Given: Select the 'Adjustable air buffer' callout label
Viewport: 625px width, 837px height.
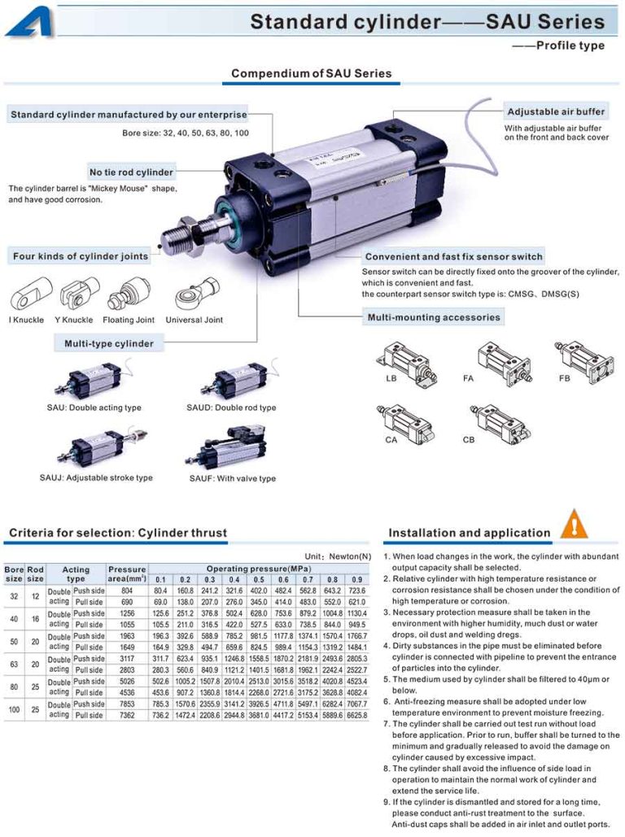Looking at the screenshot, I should click(556, 111).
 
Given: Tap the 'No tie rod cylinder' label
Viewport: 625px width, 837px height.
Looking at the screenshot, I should click(131, 172).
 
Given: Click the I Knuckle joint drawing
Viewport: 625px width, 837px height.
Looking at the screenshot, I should click(31, 294).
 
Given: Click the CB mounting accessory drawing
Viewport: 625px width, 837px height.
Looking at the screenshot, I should click(499, 421).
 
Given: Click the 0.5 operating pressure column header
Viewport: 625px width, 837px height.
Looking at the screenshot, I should click(259, 579).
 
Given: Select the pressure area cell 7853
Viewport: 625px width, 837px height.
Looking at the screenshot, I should click(126, 704).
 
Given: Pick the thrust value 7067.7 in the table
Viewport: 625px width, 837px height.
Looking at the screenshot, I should click(356, 704).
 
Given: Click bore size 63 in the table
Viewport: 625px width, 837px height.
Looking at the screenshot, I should click(14, 664).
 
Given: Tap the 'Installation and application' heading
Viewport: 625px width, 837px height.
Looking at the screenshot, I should click(470, 534).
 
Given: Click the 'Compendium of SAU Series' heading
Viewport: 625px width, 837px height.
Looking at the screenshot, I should click(311, 73).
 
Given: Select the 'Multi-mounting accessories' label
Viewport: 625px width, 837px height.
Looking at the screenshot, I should click(433, 317).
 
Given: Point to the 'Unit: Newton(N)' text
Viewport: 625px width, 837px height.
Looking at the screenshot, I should click(338, 556).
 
